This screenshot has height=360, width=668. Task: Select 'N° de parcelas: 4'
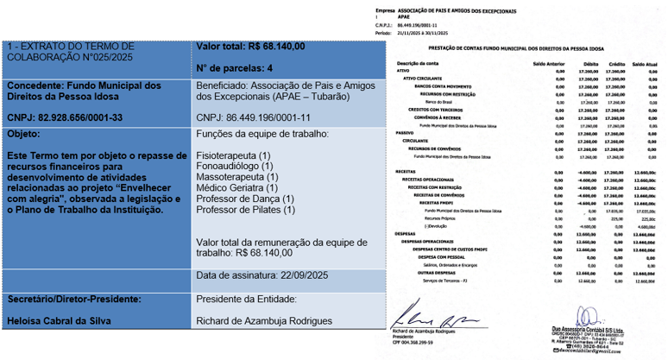tap(236, 66)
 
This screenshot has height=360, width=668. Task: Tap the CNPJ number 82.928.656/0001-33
tap(65, 116)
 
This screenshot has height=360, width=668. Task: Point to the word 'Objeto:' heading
tap(23, 135)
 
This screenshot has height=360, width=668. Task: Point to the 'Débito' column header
tap(590, 64)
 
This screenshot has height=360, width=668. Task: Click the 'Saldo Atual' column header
tap(646, 64)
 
